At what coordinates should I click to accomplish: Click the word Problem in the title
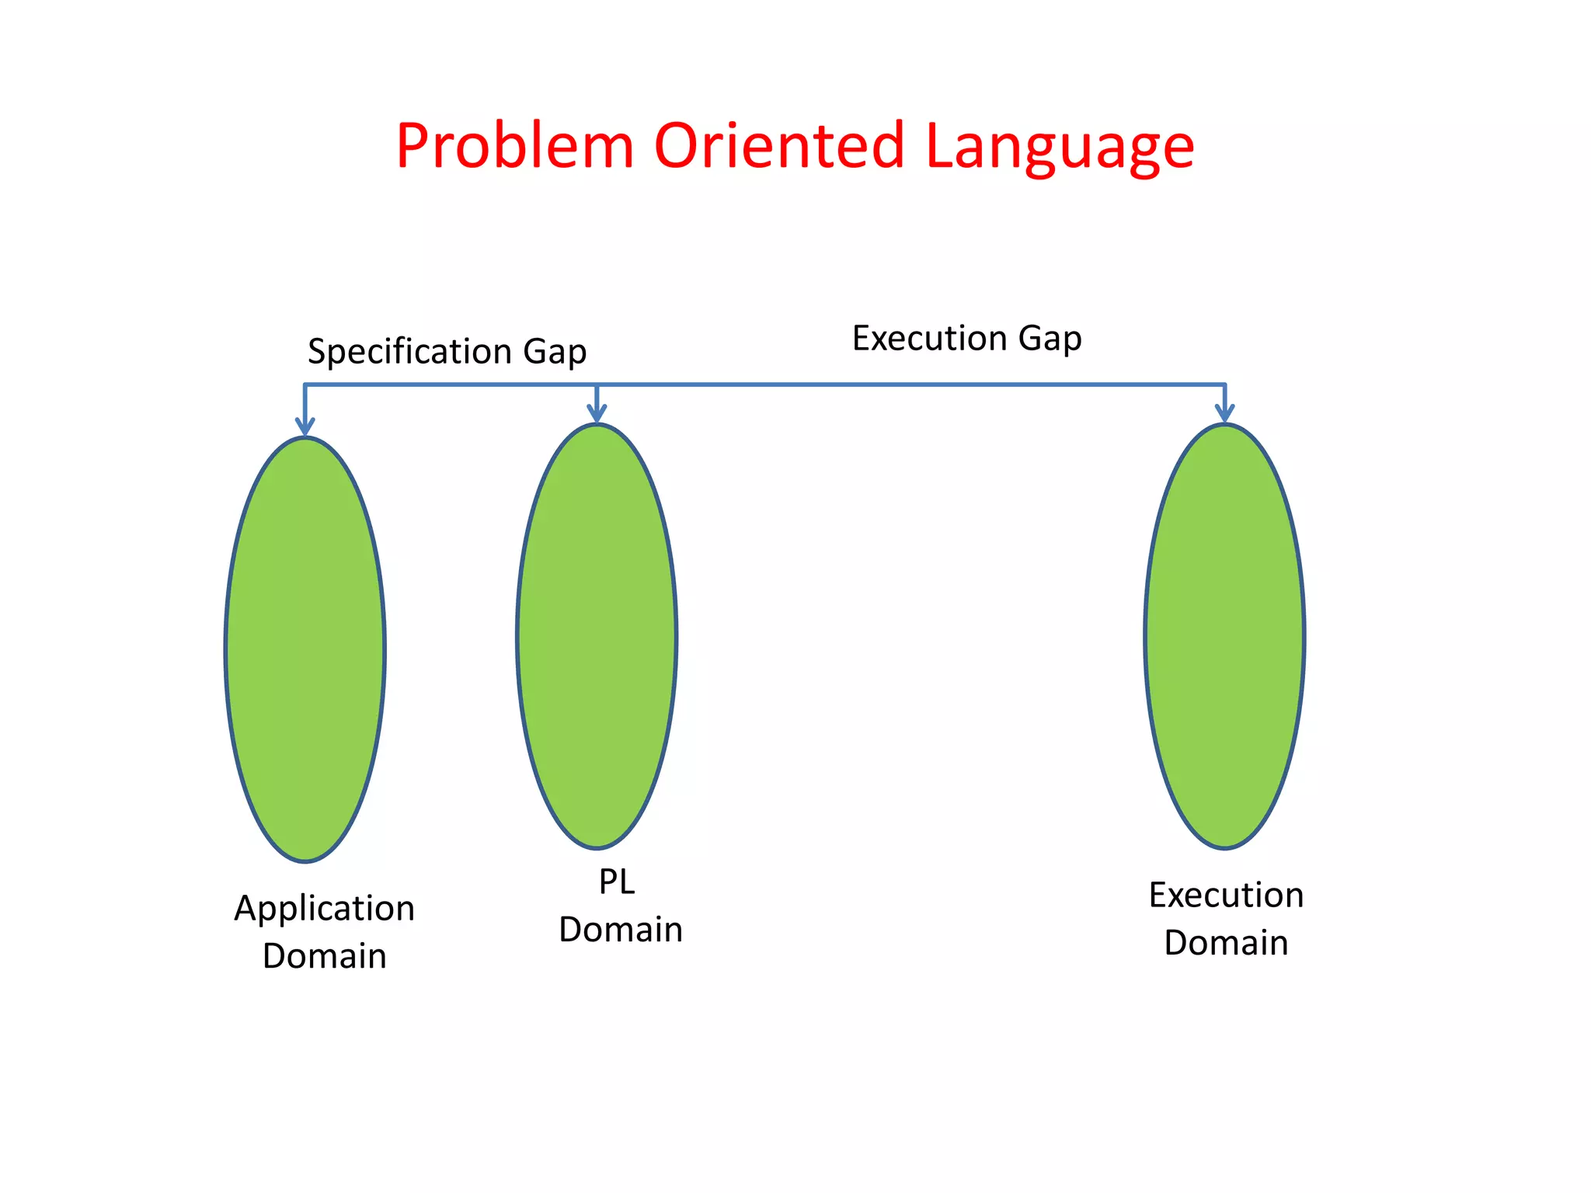(x=515, y=146)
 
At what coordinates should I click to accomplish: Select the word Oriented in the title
(x=779, y=146)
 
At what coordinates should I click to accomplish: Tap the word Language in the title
(x=1060, y=148)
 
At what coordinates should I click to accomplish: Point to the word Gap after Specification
(x=555, y=352)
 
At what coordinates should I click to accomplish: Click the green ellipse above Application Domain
(x=305, y=649)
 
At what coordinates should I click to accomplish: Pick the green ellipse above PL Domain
(x=597, y=635)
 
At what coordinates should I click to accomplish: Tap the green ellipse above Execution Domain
(x=1224, y=635)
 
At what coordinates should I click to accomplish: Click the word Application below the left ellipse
(x=325, y=909)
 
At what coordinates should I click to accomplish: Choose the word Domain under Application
(x=325, y=956)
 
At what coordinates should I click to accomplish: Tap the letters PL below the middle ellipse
(x=617, y=882)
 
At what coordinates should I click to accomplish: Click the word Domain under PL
(x=621, y=930)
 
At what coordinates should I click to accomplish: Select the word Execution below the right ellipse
(x=1226, y=895)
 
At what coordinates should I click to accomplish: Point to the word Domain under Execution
(x=1226, y=943)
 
